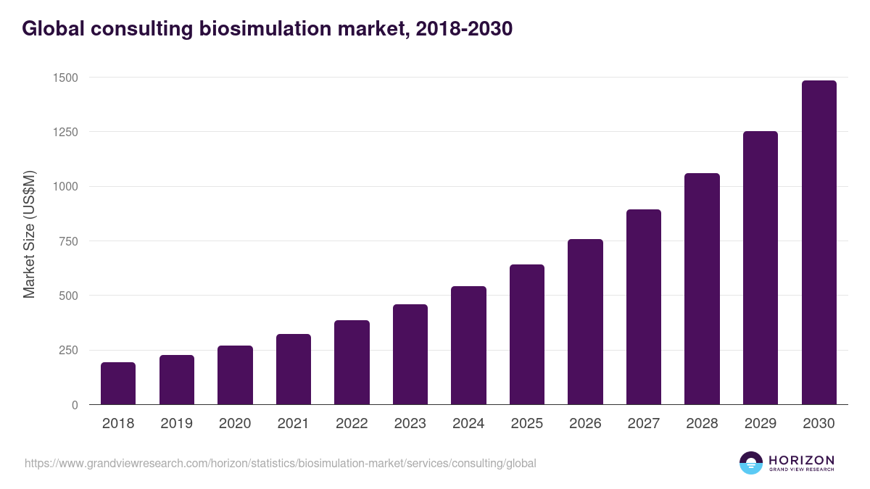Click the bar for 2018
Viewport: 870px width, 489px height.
(x=118, y=383)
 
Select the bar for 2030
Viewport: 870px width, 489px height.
(x=819, y=243)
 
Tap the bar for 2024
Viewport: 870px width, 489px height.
(x=468, y=346)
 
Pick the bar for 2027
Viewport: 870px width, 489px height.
(x=644, y=307)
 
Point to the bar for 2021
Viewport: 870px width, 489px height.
(x=294, y=369)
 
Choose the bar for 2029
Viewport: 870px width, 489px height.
(x=761, y=268)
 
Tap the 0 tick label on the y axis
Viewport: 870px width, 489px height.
(x=74, y=405)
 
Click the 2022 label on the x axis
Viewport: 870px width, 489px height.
(x=352, y=424)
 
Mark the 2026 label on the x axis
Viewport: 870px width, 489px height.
(x=585, y=424)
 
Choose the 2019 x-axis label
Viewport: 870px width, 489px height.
(x=176, y=424)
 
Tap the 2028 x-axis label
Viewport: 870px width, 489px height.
(x=702, y=424)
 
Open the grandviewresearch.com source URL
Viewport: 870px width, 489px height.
(x=281, y=463)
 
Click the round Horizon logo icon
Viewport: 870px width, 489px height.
(x=751, y=463)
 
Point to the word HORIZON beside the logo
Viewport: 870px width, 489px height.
(x=801, y=460)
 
